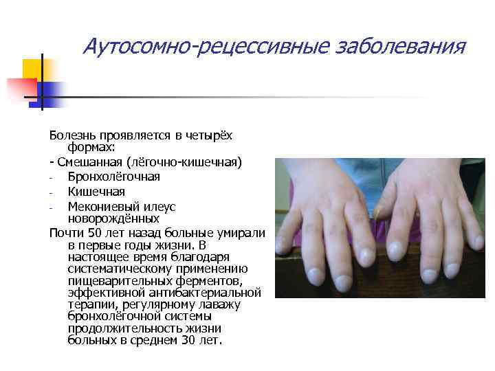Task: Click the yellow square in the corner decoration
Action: coord(33,69)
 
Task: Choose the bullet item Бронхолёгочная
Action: coord(113,177)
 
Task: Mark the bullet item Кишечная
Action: coord(96,191)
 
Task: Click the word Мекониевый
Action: coord(104,206)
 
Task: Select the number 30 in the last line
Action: coord(188,340)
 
